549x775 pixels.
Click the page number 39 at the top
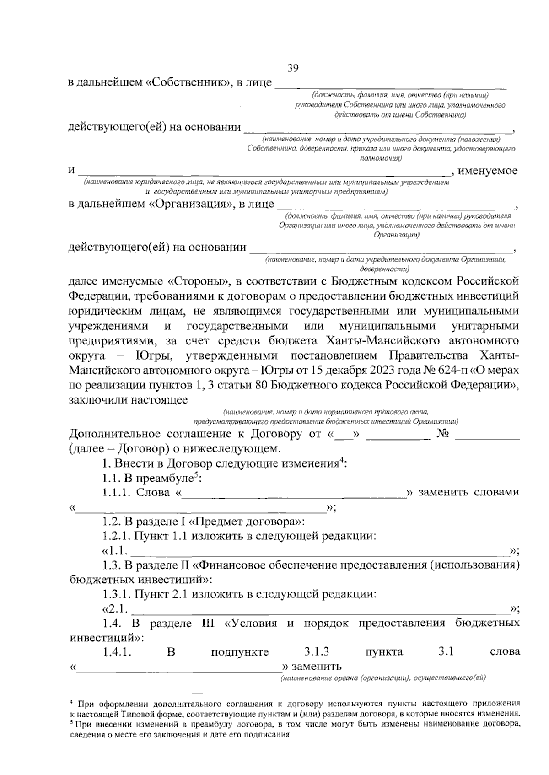coord(293,69)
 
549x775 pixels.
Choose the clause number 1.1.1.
coord(117,492)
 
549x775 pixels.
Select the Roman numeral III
coord(207,624)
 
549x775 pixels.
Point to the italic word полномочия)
coord(381,159)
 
